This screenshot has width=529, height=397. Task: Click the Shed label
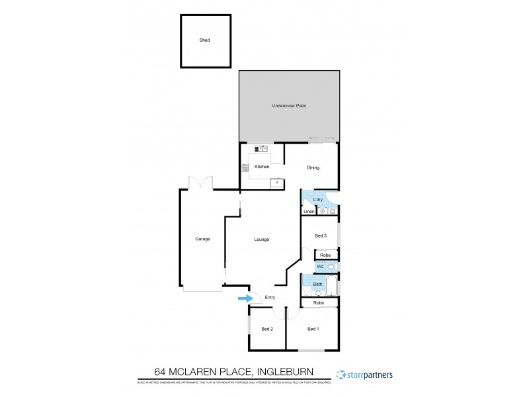pyautogui.click(x=205, y=40)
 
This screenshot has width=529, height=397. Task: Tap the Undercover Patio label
pyautogui.click(x=289, y=106)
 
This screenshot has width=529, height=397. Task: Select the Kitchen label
pyautogui.click(x=262, y=167)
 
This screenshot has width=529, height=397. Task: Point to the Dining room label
pyautogui.click(x=313, y=167)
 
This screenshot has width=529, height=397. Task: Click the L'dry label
pyautogui.click(x=317, y=200)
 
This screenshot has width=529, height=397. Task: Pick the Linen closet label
pyautogui.click(x=308, y=212)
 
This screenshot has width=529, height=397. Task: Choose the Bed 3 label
pyautogui.click(x=321, y=236)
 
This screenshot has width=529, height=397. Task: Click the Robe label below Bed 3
pyautogui.click(x=325, y=255)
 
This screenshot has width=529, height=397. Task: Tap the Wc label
pyautogui.click(x=320, y=267)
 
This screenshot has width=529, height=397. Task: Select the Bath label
pyautogui.click(x=318, y=285)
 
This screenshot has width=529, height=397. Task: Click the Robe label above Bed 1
pyautogui.click(x=319, y=302)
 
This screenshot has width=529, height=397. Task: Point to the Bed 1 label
pyautogui.click(x=313, y=329)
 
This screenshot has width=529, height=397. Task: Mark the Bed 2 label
pyautogui.click(x=267, y=329)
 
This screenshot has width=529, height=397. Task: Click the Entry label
pyautogui.click(x=270, y=298)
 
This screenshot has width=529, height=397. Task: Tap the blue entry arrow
pyautogui.click(x=245, y=298)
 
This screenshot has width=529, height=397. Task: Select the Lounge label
pyautogui.click(x=261, y=239)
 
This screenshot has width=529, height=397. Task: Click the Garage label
pyautogui.click(x=202, y=239)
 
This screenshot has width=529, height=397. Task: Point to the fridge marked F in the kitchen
pyautogui.click(x=277, y=183)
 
